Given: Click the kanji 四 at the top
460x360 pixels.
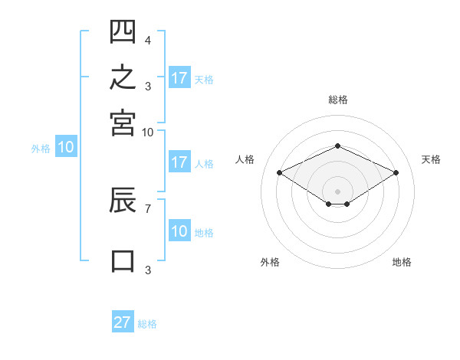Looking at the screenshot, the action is point(123,31).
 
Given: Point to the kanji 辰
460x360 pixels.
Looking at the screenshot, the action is point(123,200).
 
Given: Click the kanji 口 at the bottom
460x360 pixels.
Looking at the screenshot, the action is point(123,261).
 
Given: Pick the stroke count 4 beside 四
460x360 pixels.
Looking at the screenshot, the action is point(148,40).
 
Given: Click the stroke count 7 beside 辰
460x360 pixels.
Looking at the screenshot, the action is point(148,209).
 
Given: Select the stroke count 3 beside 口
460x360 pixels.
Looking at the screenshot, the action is point(148,270).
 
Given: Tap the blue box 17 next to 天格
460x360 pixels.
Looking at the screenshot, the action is point(179,77).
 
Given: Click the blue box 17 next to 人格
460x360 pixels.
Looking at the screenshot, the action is point(179,162).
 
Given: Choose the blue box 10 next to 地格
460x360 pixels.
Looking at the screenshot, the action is point(179,230).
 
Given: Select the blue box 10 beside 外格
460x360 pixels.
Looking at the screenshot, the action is point(66,146).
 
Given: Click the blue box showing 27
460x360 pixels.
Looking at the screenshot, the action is point(123,321).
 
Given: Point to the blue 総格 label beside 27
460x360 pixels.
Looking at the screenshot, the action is point(147,324).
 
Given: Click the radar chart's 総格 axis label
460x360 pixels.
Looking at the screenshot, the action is point(338,100).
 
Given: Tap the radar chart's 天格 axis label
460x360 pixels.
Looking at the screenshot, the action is point(431,159).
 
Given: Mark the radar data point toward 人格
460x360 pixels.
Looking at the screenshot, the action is point(280,172).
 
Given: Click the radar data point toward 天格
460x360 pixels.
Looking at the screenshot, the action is point(396,172).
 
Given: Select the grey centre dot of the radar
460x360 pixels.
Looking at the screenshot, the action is point(337,191).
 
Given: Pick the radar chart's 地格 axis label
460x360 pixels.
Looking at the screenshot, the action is point(402,262).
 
